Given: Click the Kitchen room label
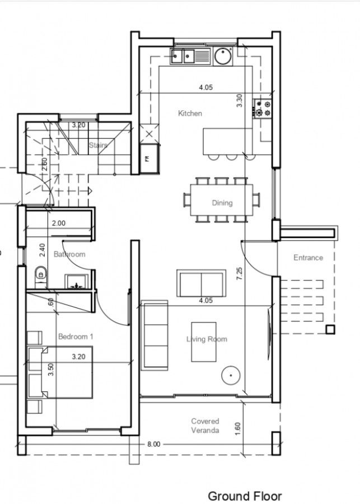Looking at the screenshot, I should click(x=190, y=114).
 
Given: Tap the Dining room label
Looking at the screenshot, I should click(x=222, y=203).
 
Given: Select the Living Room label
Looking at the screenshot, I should click(x=207, y=339).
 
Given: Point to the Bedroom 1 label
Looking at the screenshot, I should click(x=76, y=337).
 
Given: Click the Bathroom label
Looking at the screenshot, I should click(x=69, y=254).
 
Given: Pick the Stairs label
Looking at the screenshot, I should click(x=97, y=145).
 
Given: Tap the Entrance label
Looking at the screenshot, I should click(x=308, y=258).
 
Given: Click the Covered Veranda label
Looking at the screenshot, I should click(x=205, y=426).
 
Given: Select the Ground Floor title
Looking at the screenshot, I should click(x=245, y=496).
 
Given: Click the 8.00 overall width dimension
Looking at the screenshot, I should click(x=153, y=444).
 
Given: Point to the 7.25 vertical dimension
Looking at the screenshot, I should click(x=240, y=273).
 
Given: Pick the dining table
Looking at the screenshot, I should click(x=222, y=199).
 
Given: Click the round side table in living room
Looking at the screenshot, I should click(x=230, y=376).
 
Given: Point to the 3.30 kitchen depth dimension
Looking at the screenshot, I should click(x=240, y=101).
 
